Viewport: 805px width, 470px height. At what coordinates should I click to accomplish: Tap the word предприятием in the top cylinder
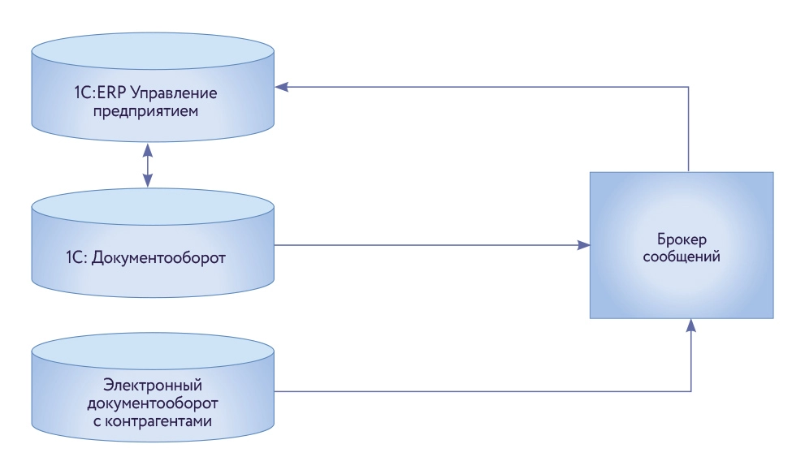click(153, 110)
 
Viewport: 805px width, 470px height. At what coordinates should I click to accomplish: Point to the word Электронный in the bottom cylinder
click(153, 384)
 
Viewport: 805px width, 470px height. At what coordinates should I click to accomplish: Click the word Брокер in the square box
click(681, 240)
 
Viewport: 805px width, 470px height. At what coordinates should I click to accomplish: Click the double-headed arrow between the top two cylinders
click(147, 166)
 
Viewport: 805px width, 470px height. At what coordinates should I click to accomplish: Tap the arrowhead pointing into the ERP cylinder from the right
click(280, 85)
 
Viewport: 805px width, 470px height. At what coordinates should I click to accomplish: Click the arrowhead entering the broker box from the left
click(584, 244)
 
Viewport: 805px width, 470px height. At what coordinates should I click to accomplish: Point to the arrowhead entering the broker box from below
click(690, 324)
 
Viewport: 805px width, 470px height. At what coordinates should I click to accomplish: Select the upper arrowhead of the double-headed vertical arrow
click(147, 149)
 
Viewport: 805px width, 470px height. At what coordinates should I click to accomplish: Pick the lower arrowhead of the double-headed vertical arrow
click(147, 183)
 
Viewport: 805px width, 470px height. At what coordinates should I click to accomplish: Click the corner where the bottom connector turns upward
click(690, 391)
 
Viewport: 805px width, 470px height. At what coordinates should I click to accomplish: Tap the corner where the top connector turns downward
click(690, 85)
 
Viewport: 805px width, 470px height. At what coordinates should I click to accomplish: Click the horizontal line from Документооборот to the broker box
click(431, 244)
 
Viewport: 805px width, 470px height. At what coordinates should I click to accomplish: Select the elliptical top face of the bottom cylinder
click(152, 347)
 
